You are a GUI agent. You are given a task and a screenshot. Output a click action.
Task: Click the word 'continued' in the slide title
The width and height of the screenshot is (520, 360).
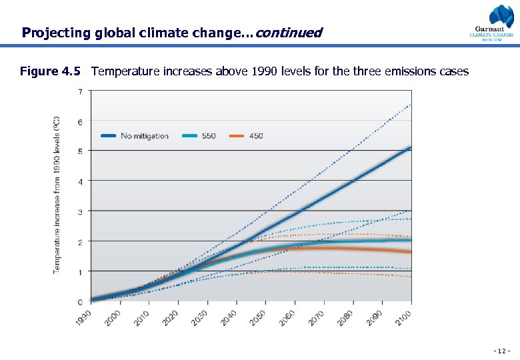click(288, 32)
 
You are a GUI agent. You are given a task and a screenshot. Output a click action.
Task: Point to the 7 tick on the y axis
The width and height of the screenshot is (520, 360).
click(81, 91)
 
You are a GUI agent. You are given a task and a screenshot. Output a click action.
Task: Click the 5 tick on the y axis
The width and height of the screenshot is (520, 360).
click(81, 151)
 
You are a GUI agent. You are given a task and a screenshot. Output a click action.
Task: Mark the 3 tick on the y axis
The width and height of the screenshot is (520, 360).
click(81, 212)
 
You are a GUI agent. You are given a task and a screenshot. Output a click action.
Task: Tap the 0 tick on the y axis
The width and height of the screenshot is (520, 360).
click(81, 302)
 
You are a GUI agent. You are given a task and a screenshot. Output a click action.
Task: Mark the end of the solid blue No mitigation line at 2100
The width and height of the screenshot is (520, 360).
click(410, 148)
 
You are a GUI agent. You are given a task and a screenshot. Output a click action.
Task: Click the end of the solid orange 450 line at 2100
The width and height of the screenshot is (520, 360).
click(410, 251)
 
